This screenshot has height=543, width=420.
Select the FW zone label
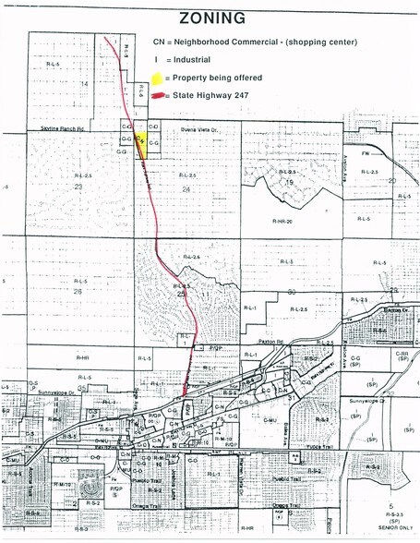[x=365, y=152]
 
